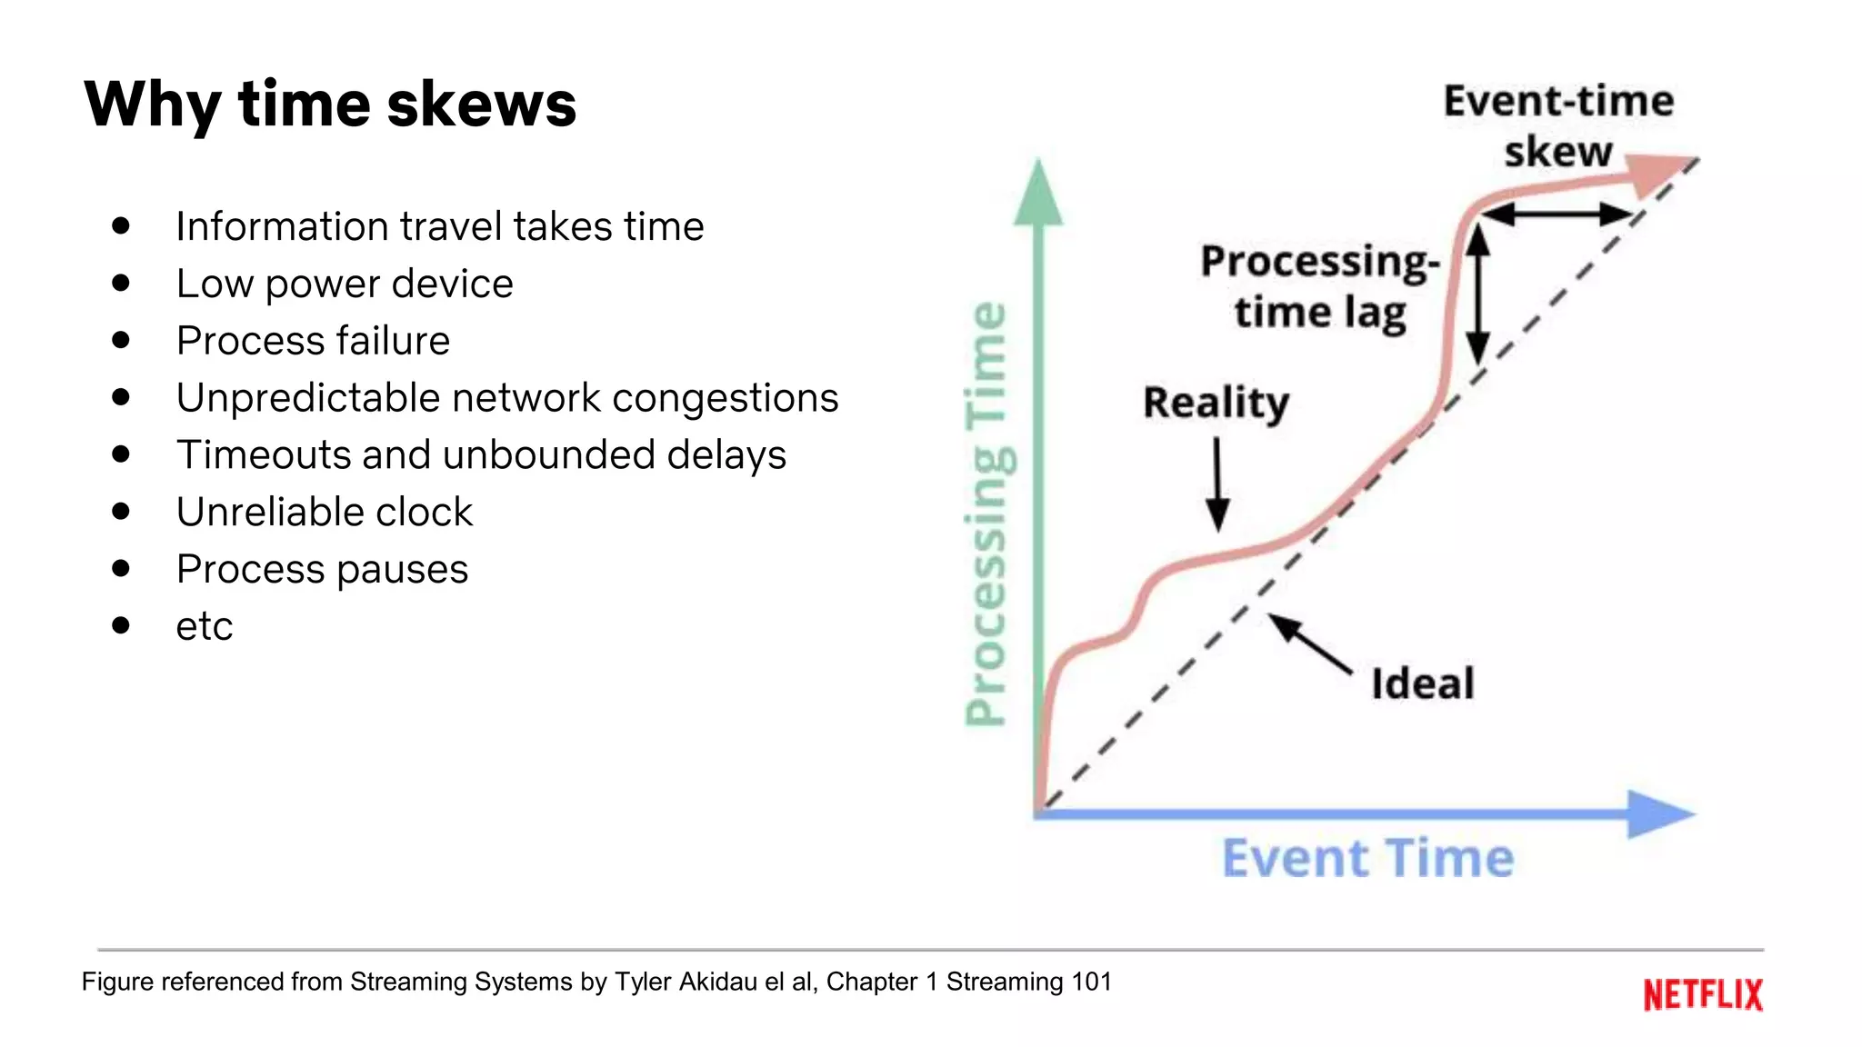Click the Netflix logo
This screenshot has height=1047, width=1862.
[x=1702, y=994]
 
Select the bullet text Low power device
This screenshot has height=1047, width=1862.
[x=345, y=284]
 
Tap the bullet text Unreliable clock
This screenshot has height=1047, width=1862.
[x=325, y=512]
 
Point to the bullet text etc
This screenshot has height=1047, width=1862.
[x=205, y=626]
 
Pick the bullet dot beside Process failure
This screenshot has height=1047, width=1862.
[x=121, y=340]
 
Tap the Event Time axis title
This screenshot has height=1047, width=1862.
[x=1367, y=859]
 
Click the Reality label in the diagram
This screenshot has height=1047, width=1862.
[x=1216, y=403]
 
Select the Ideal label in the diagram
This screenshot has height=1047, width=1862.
[x=1422, y=683]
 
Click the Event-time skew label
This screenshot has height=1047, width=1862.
[x=1558, y=126]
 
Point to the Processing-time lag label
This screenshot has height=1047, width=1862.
[x=1320, y=287]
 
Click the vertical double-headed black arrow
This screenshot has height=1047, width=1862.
[x=1477, y=293]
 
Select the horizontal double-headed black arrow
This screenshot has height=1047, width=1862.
[x=1557, y=214]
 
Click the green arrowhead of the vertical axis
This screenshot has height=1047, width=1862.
[x=1038, y=193]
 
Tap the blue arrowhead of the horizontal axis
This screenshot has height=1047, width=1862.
[x=1657, y=813]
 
